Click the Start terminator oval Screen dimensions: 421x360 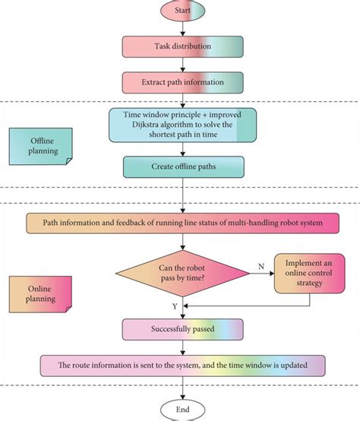pos(182,13)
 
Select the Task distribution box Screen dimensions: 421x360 pos(182,46)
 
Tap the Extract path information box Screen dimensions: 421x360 pos(182,81)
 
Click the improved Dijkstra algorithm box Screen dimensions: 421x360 pos(182,124)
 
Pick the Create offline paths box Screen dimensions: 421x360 pos(182,166)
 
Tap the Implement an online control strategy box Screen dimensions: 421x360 pos(305,273)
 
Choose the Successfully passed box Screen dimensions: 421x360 pos(182,330)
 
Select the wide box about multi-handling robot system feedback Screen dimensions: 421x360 pos(182,223)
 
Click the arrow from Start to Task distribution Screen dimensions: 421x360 pos(182,29)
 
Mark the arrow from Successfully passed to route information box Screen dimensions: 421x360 pos(182,347)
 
